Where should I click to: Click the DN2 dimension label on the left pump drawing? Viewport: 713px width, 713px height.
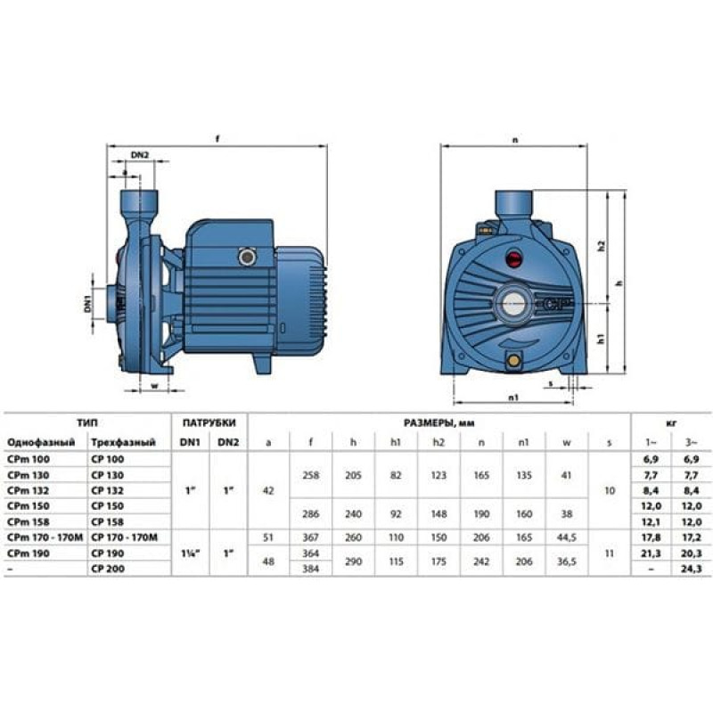point(140,155)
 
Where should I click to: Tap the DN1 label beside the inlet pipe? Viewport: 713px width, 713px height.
point(87,304)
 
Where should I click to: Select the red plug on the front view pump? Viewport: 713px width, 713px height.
point(515,258)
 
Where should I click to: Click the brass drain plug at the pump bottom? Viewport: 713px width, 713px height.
point(514,361)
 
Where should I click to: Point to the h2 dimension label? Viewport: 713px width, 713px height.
point(602,246)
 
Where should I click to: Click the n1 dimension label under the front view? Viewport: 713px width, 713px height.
point(513,397)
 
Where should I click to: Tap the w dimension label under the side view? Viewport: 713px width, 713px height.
point(154,386)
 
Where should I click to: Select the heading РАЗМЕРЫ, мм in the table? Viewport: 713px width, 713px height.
point(438,422)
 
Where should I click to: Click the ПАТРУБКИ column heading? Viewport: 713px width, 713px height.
point(209,422)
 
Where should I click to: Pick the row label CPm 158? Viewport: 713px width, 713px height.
point(29,521)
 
